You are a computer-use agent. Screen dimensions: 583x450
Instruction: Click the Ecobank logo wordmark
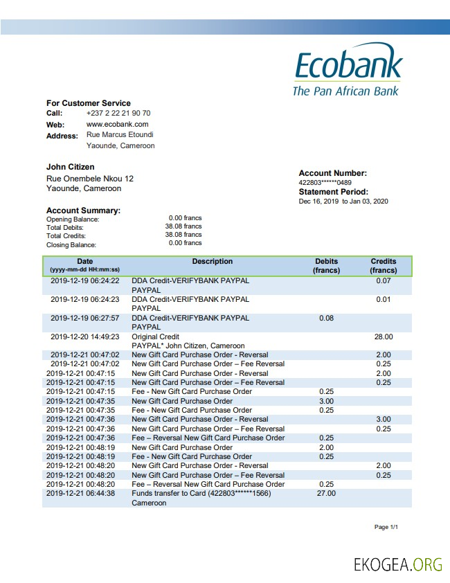[x=348, y=66]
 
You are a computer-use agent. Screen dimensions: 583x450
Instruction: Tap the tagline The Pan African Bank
[x=345, y=91]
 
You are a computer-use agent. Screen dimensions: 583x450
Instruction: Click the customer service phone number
[x=118, y=113]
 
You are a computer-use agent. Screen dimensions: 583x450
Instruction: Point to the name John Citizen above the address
[x=71, y=167]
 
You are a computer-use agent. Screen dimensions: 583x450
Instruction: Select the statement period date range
[x=343, y=201]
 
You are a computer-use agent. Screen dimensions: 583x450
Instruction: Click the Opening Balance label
[x=73, y=219]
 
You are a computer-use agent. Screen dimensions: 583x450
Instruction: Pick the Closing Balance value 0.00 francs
[x=185, y=243]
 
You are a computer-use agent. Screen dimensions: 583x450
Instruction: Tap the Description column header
[x=213, y=262]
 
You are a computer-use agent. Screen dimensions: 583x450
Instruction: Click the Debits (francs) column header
[x=326, y=266]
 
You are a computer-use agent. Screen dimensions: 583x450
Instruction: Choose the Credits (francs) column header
[x=384, y=266]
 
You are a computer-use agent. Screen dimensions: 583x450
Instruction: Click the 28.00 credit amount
[x=384, y=337]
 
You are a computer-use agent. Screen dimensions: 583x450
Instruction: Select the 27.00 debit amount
[x=326, y=494]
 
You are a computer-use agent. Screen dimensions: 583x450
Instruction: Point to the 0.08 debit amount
[x=326, y=319]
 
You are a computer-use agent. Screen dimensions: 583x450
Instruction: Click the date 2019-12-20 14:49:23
[x=85, y=337]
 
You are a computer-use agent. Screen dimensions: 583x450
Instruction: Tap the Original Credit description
[x=156, y=337]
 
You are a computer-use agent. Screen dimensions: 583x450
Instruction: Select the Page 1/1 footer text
[x=386, y=528]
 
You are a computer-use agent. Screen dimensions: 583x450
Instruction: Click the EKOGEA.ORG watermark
[x=397, y=564]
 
